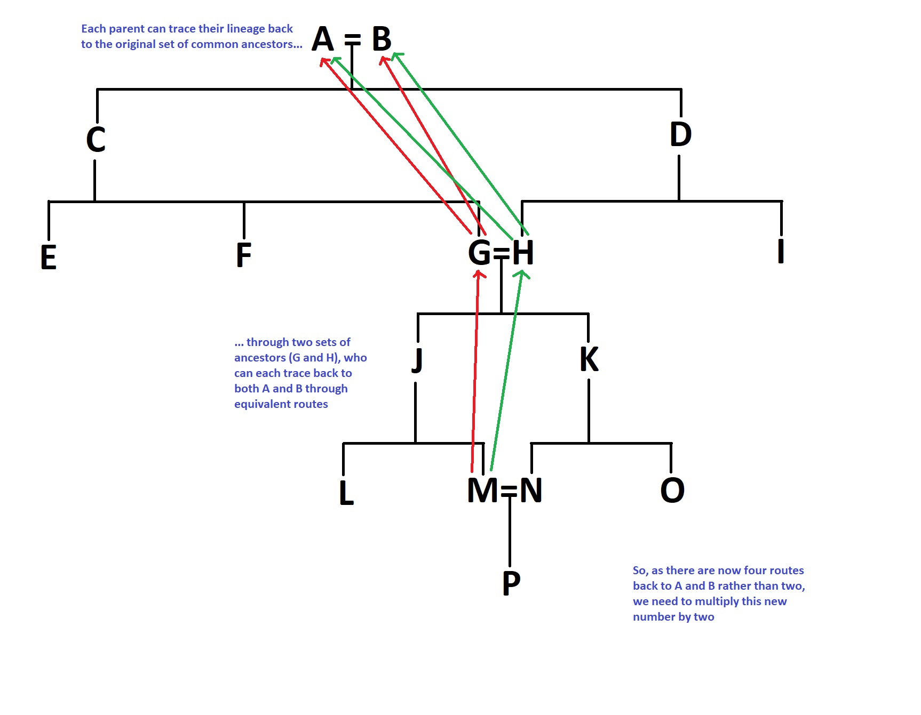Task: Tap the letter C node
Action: [96, 139]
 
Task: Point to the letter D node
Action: [680, 134]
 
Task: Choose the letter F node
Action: [244, 255]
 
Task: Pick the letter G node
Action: [479, 252]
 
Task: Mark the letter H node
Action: [523, 252]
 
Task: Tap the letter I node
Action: [781, 251]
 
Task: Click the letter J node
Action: [417, 361]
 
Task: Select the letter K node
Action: [589, 359]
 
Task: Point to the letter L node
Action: [346, 492]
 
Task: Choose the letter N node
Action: [531, 490]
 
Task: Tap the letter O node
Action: [672, 490]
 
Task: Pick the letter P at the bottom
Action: [511, 583]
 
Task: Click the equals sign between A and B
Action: [352, 39]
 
